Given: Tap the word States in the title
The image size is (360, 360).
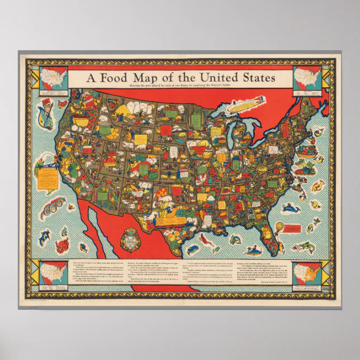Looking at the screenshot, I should tap(252, 78).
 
